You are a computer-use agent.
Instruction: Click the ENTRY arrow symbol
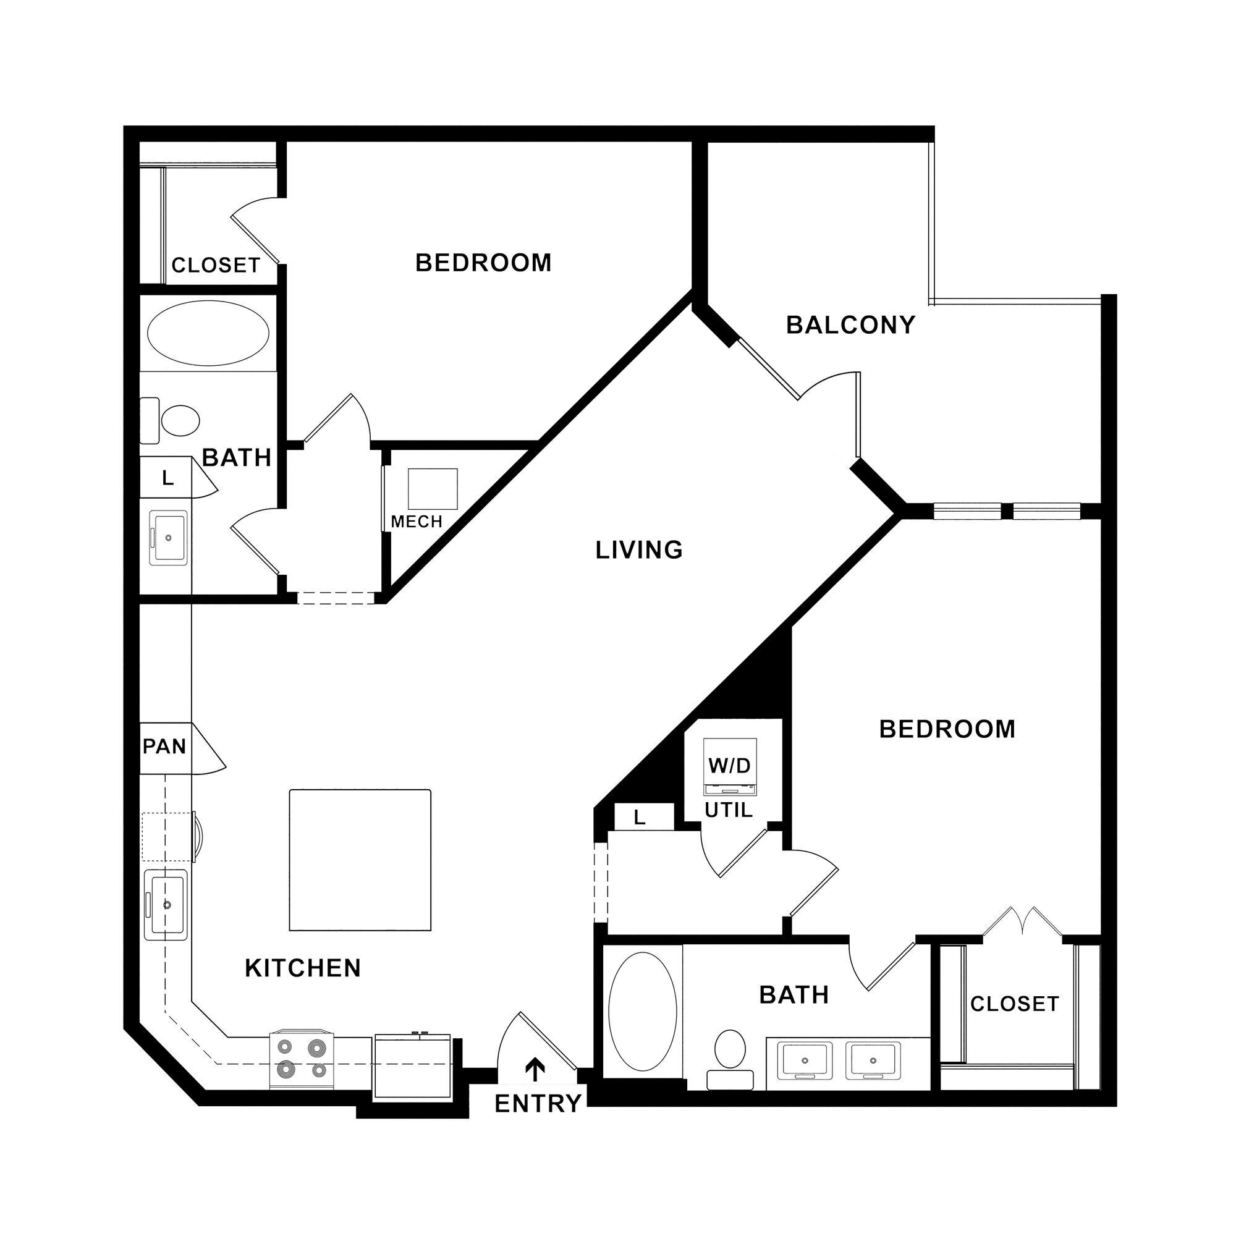click(x=535, y=1070)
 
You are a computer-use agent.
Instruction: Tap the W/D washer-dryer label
click(x=729, y=765)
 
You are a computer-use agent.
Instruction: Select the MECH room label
click(x=417, y=522)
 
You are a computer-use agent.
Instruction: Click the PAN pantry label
click(x=164, y=746)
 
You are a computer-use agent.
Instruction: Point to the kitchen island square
click(x=360, y=860)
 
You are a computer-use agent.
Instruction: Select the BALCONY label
click(x=850, y=325)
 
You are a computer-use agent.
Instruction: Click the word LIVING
click(x=639, y=550)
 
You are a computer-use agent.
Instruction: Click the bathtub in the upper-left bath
click(x=208, y=333)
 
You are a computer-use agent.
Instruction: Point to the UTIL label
click(x=729, y=811)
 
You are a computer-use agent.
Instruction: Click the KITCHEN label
click(x=303, y=968)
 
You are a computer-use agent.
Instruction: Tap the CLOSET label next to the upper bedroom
click(x=216, y=265)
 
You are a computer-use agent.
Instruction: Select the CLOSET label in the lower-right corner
click(x=1015, y=1004)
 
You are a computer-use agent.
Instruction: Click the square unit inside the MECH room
click(x=433, y=489)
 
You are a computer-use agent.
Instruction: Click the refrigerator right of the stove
click(x=413, y=1065)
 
